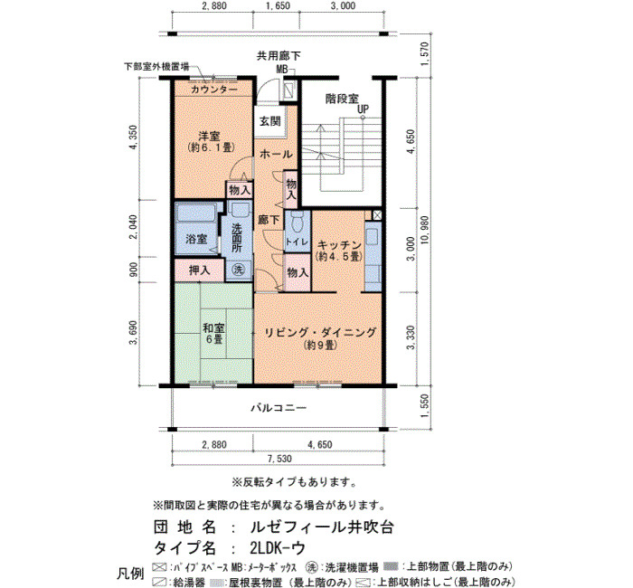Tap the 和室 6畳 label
(x=214, y=334)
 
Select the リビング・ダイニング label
(x=320, y=332)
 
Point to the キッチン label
(x=339, y=245)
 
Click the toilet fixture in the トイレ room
(x=297, y=222)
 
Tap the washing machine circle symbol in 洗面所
(x=239, y=270)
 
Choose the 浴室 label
(x=196, y=239)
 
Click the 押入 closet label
(x=200, y=270)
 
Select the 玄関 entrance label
(x=270, y=120)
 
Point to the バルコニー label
(x=279, y=407)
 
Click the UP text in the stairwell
(x=363, y=109)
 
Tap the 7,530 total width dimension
(x=279, y=460)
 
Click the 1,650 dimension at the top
(x=278, y=5)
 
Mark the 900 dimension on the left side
(x=134, y=270)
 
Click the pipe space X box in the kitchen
(x=377, y=215)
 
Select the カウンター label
(x=214, y=90)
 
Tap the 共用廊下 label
(x=279, y=56)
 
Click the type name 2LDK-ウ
(x=278, y=548)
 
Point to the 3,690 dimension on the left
(x=134, y=334)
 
